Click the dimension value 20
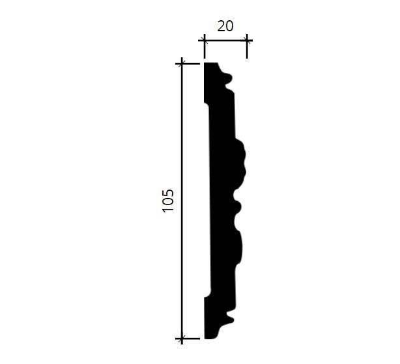(x=225, y=26)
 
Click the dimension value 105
(x=168, y=201)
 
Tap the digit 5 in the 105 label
(x=168, y=193)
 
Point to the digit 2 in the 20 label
(x=221, y=26)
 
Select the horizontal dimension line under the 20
(x=225, y=40)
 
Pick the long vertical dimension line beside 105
(x=182, y=201)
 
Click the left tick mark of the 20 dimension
(x=205, y=40)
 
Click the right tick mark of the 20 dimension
(x=247, y=40)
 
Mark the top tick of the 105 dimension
(x=182, y=63)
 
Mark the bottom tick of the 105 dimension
(x=182, y=339)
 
